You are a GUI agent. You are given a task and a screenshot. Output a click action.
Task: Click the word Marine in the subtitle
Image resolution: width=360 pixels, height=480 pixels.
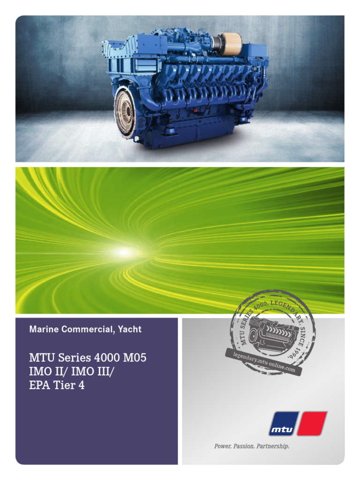42,330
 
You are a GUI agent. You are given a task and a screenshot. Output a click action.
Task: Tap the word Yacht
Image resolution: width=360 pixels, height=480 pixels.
128,330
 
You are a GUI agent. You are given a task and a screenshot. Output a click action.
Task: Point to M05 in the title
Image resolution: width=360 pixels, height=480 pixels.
135,358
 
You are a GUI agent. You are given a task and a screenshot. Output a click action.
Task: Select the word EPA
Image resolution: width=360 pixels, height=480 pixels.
39,387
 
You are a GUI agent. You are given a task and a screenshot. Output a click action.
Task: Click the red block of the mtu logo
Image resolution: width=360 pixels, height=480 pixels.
313,423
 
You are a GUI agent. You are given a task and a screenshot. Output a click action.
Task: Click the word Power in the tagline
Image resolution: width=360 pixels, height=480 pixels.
222,446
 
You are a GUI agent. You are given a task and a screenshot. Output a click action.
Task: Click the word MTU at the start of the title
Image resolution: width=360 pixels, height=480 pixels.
39,358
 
